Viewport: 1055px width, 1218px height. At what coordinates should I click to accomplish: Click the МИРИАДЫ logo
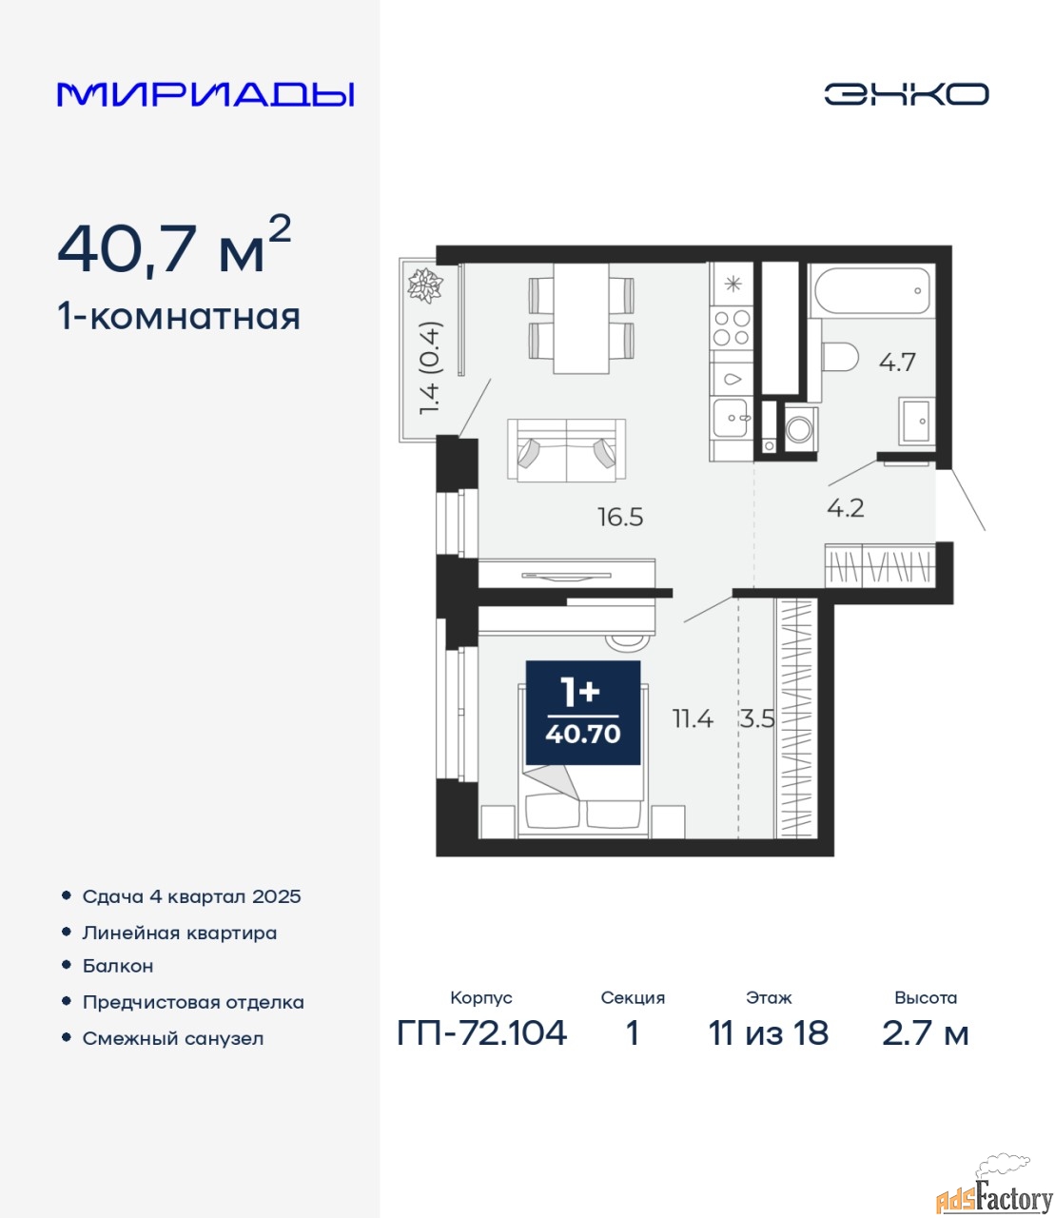click(205, 94)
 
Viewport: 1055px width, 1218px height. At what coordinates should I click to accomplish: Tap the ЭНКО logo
click(906, 94)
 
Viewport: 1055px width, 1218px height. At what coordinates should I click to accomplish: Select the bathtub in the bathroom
click(871, 290)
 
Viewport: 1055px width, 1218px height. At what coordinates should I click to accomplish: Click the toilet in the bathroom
click(839, 357)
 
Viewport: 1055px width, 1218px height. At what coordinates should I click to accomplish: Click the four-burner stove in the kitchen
click(732, 327)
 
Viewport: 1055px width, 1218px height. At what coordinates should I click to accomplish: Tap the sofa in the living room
click(566, 449)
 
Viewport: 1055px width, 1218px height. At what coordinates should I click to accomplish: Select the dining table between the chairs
click(581, 318)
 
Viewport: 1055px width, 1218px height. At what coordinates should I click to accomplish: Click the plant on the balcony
click(425, 285)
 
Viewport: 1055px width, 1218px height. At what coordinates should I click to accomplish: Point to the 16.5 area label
click(620, 518)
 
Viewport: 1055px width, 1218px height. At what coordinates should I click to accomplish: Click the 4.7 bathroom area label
click(897, 363)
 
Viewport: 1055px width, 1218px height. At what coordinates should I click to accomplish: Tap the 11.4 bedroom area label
click(693, 719)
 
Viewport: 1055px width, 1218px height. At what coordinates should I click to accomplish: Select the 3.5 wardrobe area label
click(757, 719)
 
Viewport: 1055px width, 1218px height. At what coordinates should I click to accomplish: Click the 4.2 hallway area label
click(846, 508)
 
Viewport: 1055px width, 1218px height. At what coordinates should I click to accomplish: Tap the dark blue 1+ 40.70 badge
click(582, 713)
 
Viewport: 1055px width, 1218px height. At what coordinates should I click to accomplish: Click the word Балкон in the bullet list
click(118, 967)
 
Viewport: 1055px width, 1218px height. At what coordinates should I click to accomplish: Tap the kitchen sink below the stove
click(732, 417)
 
